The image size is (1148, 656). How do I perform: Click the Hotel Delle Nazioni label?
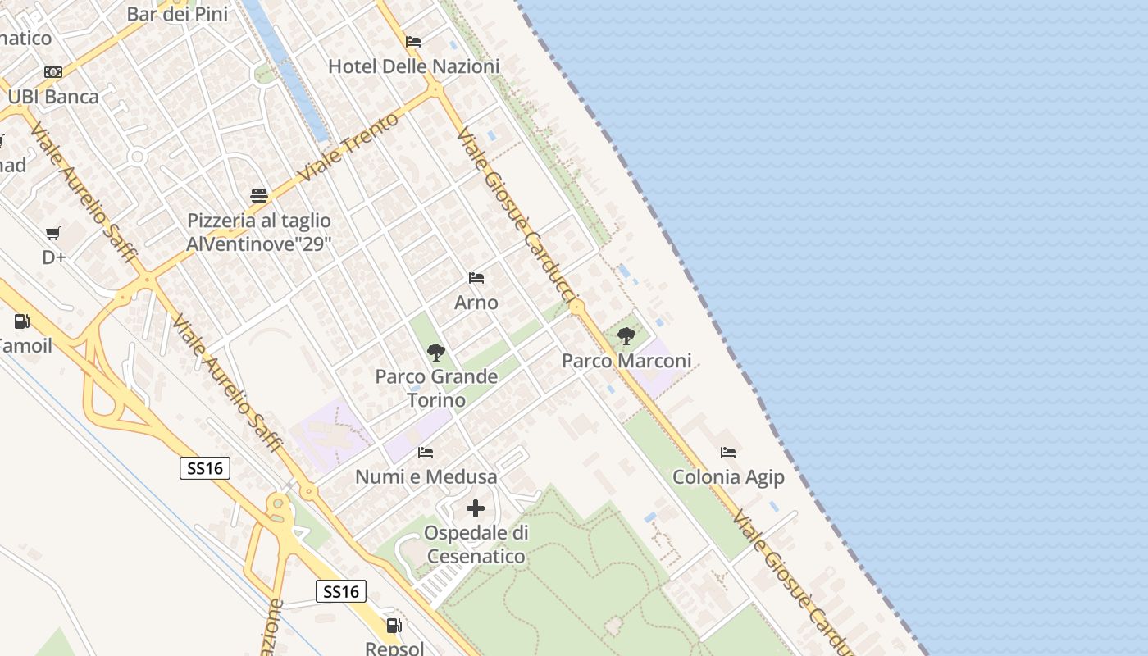pyautogui.click(x=413, y=66)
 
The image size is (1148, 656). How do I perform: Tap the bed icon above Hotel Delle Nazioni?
pyautogui.click(x=413, y=42)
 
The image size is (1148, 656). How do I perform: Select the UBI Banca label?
pyautogui.click(x=53, y=97)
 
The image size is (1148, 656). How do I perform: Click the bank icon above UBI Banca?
pyautogui.click(x=53, y=72)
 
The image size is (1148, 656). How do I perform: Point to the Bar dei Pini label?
pyautogui.click(x=177, y=14)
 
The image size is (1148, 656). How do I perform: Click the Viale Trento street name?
pyautogui.click(x=348, y=148)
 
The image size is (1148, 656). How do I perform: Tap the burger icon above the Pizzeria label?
pyautogui.click(x=259, y=196)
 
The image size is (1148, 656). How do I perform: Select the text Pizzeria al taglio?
pyautogui.click(x=259, y=221)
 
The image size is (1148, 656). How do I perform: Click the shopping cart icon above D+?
pyautogui.click(x=53, y=234)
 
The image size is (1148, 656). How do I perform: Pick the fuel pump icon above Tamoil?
pyautogui.click(x=22, y=321)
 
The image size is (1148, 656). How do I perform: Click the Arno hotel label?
pyautogui.click(x=476, y=303)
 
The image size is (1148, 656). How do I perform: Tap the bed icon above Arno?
pyautogui.click(x=476, y=278)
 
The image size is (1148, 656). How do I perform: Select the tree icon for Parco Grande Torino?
pyautogui.click(x=436, y=353)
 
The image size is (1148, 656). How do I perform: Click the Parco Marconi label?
pyautogui.click(x=626, y=361)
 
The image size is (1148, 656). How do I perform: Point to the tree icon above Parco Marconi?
pyautogui.click(x=626, y=336)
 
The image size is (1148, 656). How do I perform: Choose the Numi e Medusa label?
pyautogui.click(x=426, y=477)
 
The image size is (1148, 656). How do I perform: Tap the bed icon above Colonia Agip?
pyautogui.click(x=728, y=453)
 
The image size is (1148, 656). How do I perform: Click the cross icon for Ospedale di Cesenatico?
pyautogui.click(x=476, y=508)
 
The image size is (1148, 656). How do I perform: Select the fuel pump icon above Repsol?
pyautogui.click(x=394, y=626)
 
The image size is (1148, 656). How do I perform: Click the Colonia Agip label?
pyautogui.click(x=728, y=477)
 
